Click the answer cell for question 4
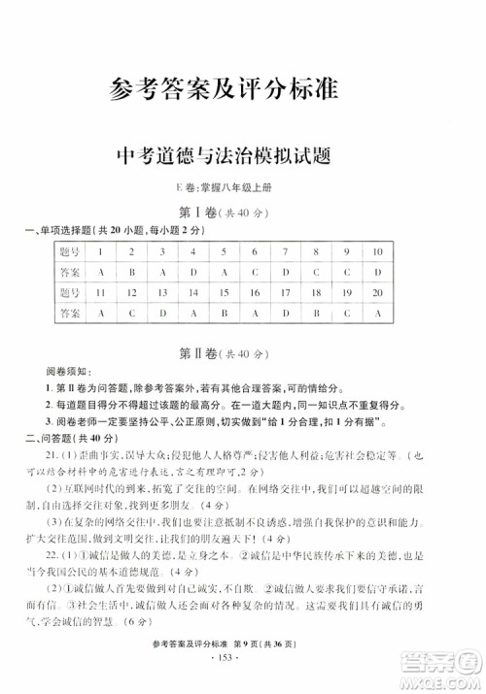tap(193, 272)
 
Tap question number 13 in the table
tap(163, 292)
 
